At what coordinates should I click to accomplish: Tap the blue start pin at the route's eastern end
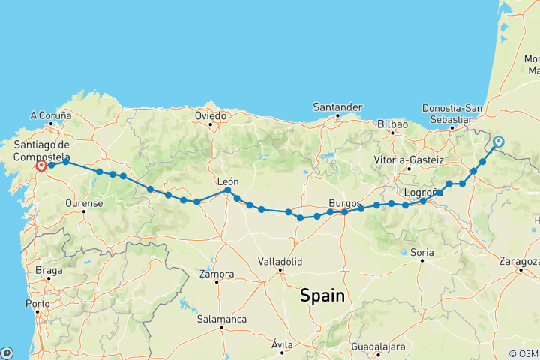point(499,141)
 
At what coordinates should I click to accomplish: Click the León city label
point(227,181)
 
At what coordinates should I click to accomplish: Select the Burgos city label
point(346,203)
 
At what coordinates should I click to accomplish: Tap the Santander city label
point(338,107)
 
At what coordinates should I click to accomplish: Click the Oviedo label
point(211,116)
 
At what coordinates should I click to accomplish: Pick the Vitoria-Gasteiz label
point(409,160)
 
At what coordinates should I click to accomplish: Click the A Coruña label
point(50,115)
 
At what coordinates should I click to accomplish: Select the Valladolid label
point(280,262)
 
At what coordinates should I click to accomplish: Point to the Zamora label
point(216,274)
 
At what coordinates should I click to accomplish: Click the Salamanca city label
point(222,319)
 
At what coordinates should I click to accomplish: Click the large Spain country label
point(322,295)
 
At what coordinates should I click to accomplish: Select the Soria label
point(421,253)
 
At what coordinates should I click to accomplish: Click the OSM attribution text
point(523,353)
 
